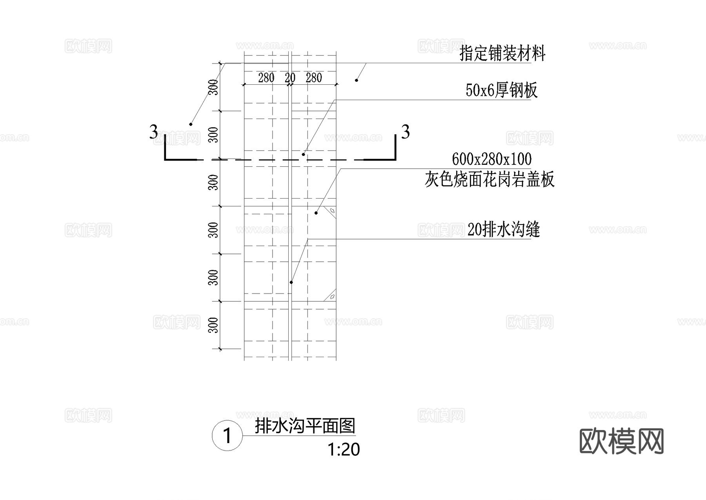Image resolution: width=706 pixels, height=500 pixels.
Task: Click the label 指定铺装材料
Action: pos(502,53)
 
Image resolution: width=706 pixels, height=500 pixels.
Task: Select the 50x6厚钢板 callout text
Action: pos(501,90)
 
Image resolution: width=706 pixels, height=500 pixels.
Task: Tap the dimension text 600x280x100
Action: pos(491,159)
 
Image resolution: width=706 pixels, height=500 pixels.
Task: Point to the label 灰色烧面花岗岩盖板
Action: pos(489,179)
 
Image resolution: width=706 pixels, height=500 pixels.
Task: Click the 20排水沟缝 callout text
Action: pos(503,230)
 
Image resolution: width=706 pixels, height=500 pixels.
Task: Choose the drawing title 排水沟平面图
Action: pos(305,426)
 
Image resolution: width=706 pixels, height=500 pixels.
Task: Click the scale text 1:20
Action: pos(344,450)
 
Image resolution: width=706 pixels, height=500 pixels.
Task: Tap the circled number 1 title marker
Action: pos(227,436)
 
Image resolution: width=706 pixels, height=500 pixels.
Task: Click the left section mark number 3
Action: pos(153,132)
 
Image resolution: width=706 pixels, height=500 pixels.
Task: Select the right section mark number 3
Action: pos(406,132)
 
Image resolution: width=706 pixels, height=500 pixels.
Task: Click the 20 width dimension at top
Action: pos(290,78)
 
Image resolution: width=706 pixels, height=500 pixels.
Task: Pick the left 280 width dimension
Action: pos(266,78)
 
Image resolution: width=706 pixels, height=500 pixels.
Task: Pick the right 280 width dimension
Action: pos(314,78)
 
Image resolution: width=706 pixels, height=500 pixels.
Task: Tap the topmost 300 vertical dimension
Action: pos(213,87)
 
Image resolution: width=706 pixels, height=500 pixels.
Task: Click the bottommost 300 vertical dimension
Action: pos(213,325)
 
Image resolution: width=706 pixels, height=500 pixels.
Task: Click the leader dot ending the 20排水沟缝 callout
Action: pos(291,283)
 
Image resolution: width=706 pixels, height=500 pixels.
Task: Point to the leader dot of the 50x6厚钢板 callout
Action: pos(303,155)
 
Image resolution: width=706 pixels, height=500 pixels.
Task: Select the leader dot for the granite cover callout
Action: pos(316,213)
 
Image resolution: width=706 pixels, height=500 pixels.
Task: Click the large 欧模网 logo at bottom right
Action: pos(621,441)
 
